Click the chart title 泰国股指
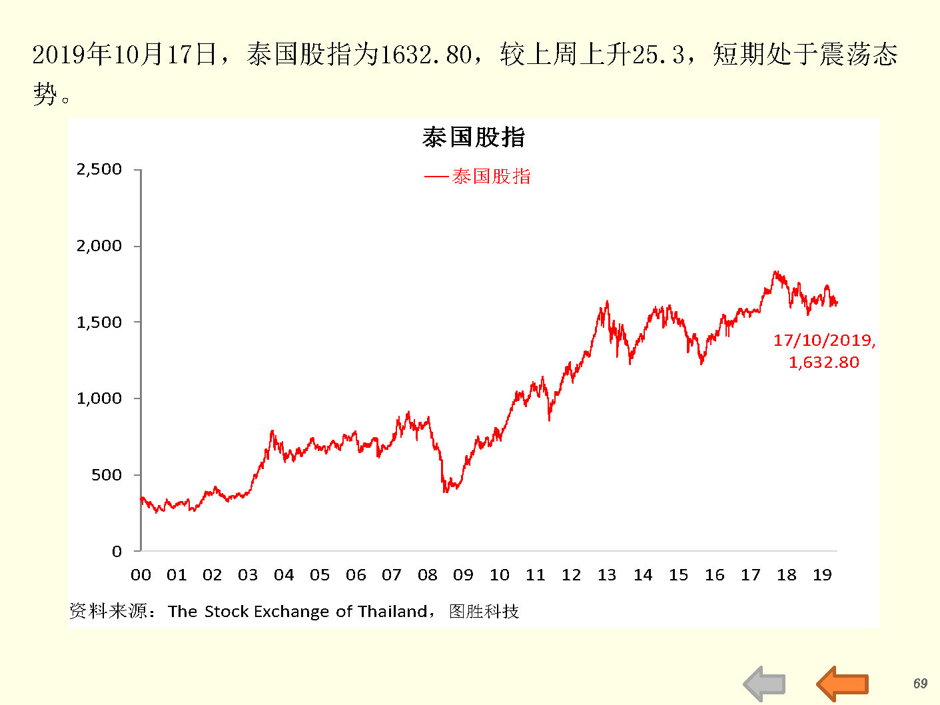474,137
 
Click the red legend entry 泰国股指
491,177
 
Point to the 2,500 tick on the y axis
99,169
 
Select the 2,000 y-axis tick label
99,246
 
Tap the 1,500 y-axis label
99,323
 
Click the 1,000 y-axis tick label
99,398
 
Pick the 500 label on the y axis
107,475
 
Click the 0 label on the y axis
117,551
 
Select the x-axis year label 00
141,575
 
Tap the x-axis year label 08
428,575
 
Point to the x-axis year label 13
607,575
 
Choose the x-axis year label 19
822,575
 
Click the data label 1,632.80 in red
824,362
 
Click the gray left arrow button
764,684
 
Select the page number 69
920,684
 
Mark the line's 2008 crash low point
444,491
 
